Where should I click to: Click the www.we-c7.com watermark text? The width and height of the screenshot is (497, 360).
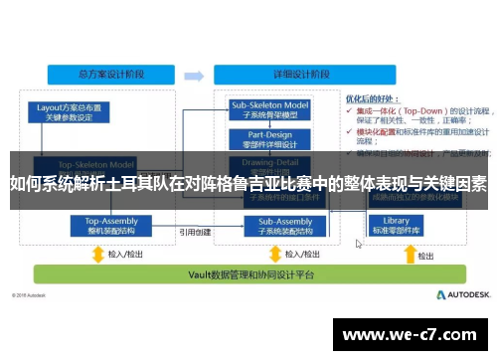(x=417, y=335)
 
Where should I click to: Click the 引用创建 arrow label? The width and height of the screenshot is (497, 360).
(x=194, y=232)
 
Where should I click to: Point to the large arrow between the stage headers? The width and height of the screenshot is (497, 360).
(x=192, y=73)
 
